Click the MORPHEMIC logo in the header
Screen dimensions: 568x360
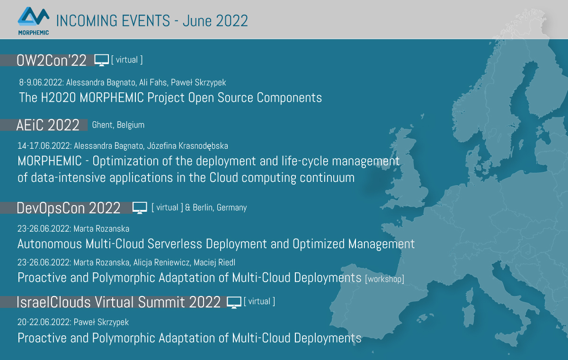33,21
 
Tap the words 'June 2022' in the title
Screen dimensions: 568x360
215,21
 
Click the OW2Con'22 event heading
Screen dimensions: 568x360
52,60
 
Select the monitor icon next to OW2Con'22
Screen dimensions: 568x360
101,60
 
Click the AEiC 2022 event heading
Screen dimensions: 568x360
48,125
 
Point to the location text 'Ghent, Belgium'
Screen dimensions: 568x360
118,125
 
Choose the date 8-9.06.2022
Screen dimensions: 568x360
41,82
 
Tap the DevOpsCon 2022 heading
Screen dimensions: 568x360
69,208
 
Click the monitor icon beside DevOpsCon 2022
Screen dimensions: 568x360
140,208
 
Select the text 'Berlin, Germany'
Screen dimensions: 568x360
220,207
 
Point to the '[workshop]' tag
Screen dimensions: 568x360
384,279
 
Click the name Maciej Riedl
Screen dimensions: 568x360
214,262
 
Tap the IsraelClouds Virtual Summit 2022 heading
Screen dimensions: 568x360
118,302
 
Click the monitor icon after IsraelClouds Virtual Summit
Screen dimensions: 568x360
234,302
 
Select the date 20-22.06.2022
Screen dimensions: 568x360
44,322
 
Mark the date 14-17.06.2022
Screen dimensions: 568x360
44,146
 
